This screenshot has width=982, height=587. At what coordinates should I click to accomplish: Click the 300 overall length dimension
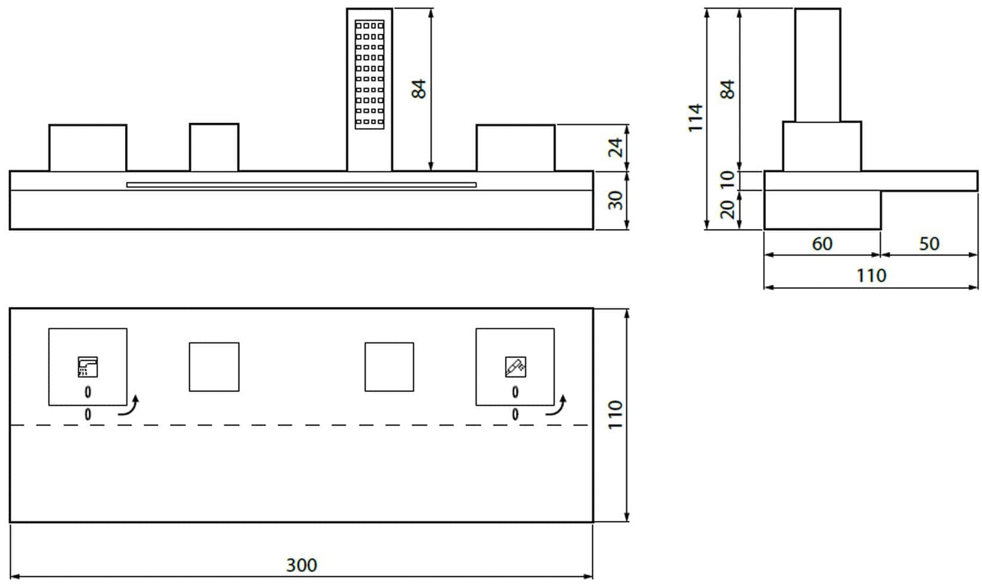301,565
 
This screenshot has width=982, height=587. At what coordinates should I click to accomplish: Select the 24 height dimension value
616,147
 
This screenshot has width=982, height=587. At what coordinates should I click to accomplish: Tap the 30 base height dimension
616,200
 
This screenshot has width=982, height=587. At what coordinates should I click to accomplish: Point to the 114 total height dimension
695,118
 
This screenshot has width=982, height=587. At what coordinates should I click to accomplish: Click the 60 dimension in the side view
822,243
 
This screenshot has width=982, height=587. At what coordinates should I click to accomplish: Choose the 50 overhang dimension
929,243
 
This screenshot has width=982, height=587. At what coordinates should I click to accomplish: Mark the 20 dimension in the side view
728,210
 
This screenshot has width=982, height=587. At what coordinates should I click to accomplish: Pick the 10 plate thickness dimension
728,180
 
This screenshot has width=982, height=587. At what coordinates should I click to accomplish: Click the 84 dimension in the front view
419,89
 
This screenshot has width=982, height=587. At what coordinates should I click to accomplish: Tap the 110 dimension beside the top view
614,415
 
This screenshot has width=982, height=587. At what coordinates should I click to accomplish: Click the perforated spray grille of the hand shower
370,73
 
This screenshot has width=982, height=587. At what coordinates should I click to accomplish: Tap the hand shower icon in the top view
515,367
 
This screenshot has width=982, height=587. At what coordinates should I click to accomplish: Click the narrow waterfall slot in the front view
301,184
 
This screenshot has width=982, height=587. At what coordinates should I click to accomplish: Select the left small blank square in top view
214,367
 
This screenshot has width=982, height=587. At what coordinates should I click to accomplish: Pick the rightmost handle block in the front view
515,147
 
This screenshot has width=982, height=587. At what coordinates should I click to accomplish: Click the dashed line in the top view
301,425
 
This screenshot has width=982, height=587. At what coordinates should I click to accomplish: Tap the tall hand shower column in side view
818,65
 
